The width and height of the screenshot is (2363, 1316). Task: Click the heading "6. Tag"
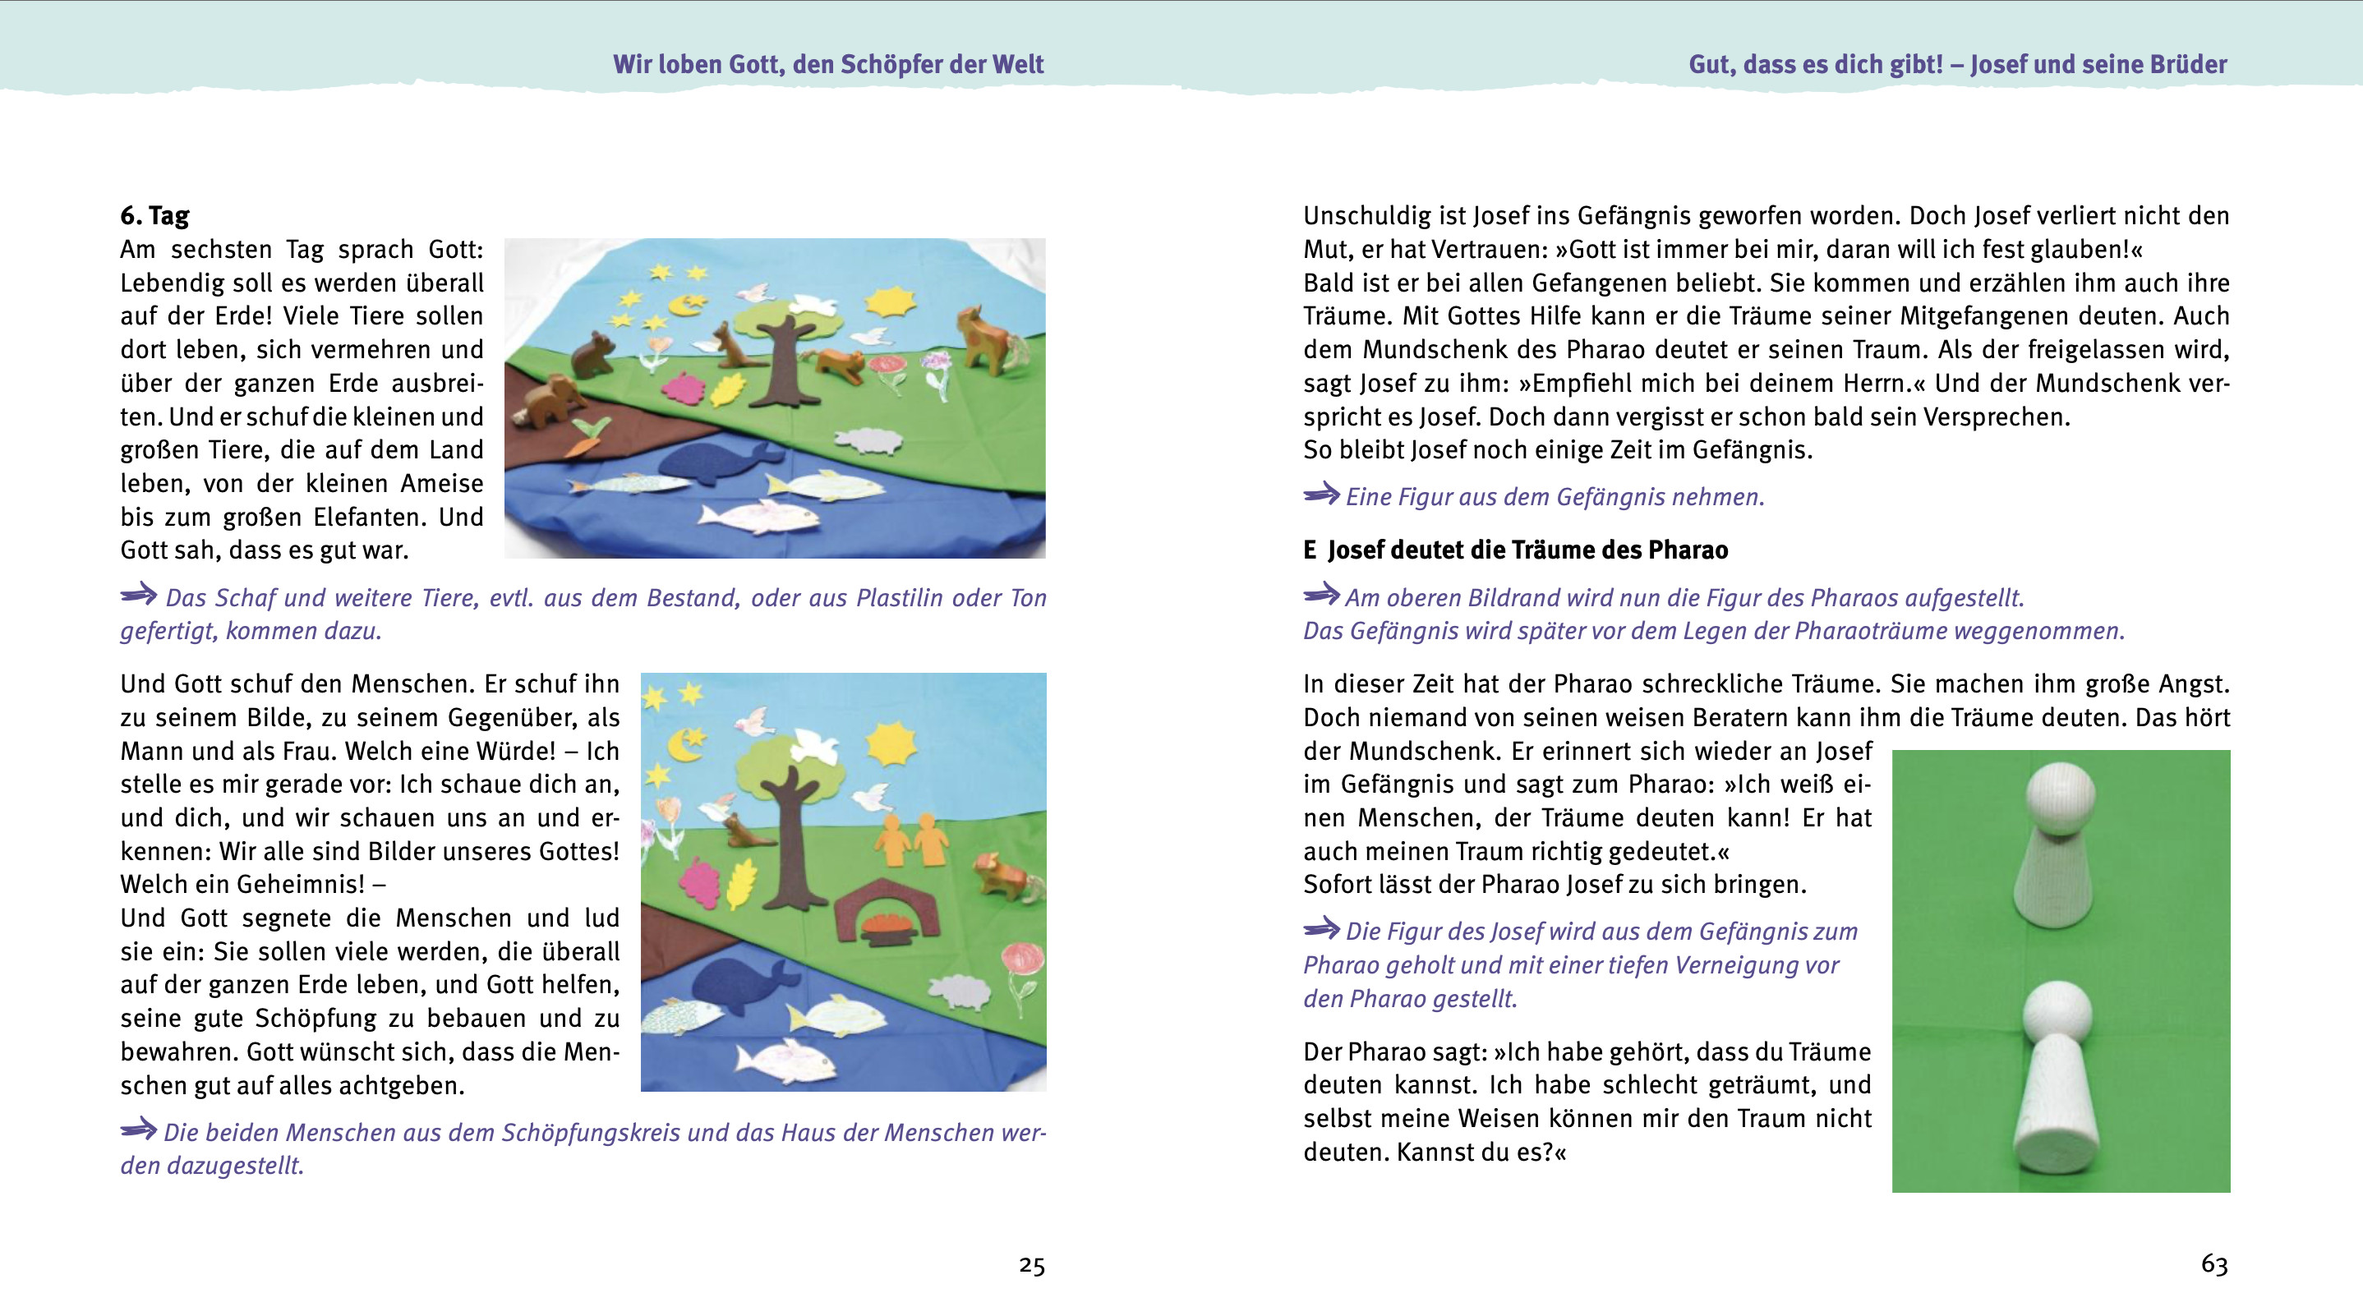pos(154,215)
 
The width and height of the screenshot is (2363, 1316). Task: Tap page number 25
pos(1031,1267)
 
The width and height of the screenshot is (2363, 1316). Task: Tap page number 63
pos(2213,1264)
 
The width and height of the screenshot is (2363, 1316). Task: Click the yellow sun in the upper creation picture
pos(889,301)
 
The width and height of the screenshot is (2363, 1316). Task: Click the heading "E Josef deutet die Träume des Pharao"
pos(1514,550)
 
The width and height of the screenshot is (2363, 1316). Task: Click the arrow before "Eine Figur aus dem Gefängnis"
pos(1321,495)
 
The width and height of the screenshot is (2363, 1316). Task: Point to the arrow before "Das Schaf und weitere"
pos(139,596)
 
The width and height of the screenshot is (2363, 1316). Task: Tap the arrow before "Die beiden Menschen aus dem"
pos(139,1130)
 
